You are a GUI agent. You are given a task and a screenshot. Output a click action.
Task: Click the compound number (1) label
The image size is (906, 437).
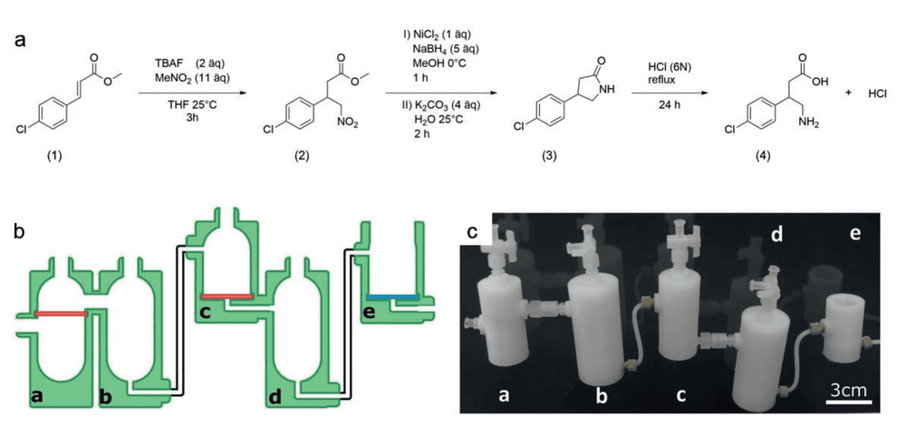tap(55, 157)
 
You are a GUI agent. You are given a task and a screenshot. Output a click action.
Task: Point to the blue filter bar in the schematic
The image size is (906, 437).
tap(393, 296)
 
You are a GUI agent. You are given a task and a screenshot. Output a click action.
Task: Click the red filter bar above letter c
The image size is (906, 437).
tap(226, 296)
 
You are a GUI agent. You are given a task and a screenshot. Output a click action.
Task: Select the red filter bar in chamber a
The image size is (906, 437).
tap(61, 314)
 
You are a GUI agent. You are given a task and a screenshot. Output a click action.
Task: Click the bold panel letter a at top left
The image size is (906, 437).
tap(21, 43)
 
